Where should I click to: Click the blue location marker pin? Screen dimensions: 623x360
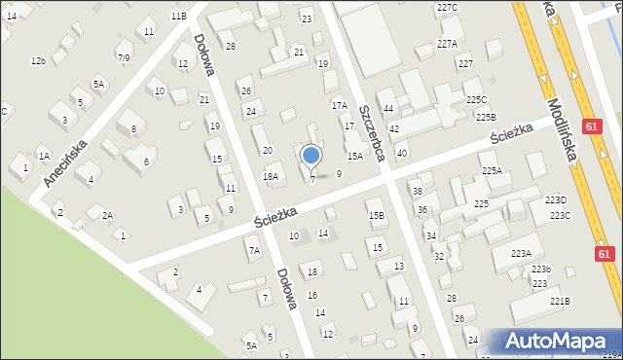click(311, 156)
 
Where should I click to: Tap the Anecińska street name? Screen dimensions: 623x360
click(65, 162)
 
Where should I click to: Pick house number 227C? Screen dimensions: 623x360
click(447, 8)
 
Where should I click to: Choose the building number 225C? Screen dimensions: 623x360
click(476, 100)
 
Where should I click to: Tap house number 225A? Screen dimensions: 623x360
click(492, 170)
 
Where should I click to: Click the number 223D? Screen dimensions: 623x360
click(555, 199)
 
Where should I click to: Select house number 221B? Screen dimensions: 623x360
click(560, 301)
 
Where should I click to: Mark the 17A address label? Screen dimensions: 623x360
click(339, 105)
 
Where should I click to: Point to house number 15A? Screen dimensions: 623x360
click(355, 156)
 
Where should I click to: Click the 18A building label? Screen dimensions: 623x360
click(271, 176)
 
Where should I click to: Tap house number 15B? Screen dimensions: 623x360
click(376, 216)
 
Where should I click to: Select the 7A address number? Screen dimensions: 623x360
click(254, 250)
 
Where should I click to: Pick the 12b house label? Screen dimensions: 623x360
click(38, 61)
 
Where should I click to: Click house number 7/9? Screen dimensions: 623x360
click(124, 57)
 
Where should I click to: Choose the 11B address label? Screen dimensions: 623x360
click(178, 17)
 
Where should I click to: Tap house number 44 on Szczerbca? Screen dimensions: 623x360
click(387, 108)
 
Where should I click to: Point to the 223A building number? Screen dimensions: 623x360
click(521, 253)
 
